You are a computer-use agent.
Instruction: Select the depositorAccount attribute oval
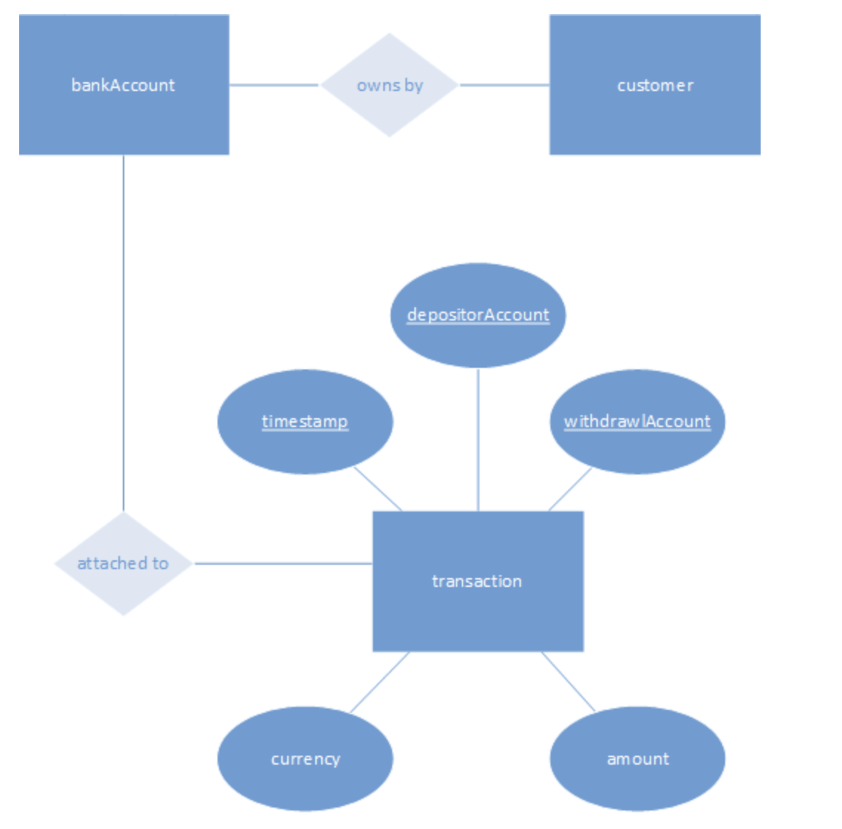(x=478, y=340)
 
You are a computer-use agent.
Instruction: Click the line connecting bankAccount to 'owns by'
(x=274, y=85)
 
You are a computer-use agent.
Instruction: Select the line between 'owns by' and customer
(x=505, y=85)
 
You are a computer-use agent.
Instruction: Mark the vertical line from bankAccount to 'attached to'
(x=124, y=333)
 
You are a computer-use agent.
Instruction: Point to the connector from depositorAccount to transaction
(x=478, y=440)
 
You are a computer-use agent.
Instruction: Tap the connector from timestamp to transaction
(x=378, y=489)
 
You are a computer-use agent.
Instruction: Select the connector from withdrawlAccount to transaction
(x=570, y=489)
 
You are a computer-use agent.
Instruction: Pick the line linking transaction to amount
(x=568, y=682)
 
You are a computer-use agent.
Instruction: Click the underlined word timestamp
(x=305, y=422)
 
